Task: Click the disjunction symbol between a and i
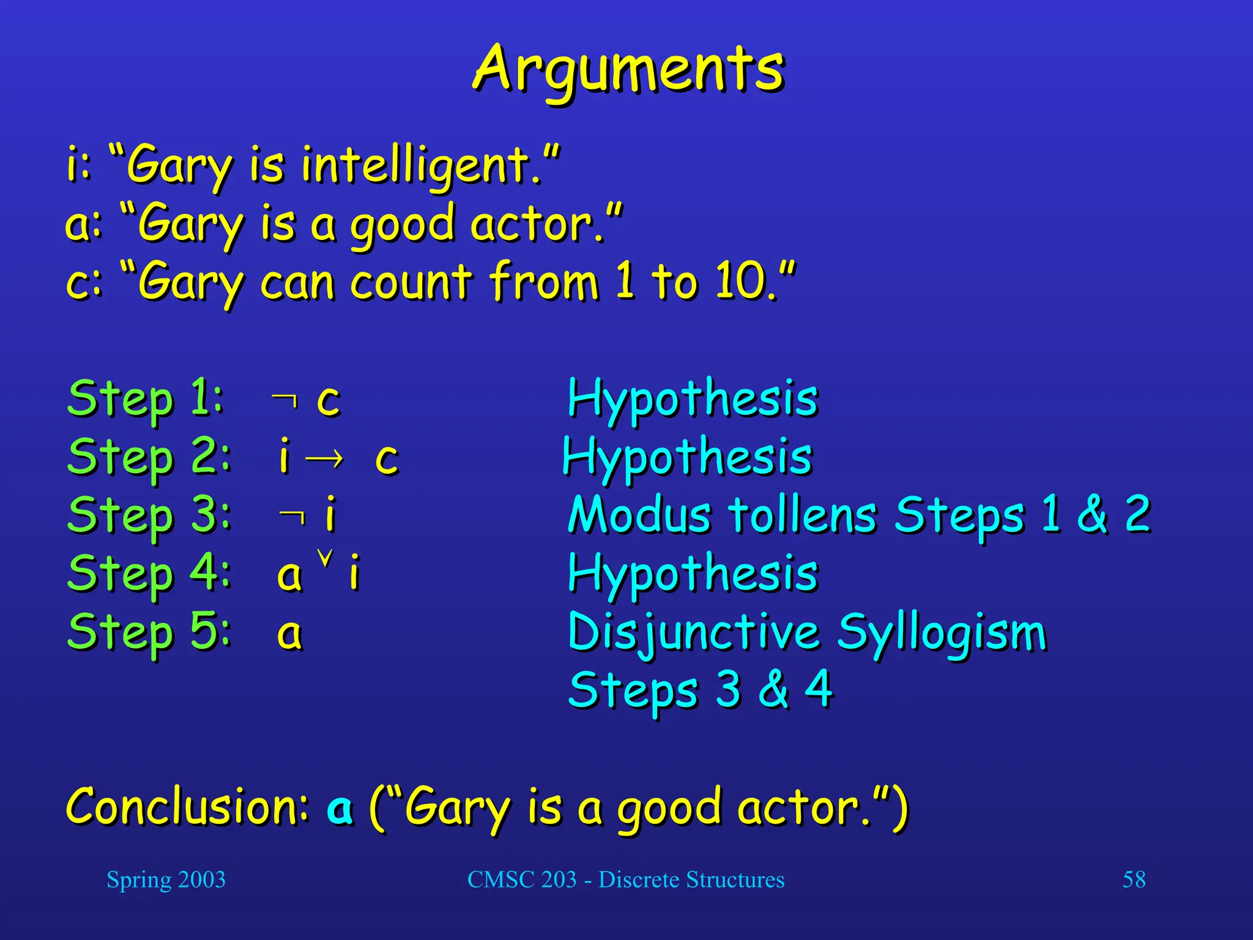tap(325, 558)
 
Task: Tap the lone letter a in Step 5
tap(290, 633)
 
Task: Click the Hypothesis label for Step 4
tap(693, 573)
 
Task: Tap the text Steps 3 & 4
tap(701, 689)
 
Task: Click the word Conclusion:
tap(187, 806)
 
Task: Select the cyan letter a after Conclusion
tap(340, 808)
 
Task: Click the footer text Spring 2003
tap(166, 879)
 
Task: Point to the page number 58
tap(1134, 879)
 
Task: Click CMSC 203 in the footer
tap(522, 879)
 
